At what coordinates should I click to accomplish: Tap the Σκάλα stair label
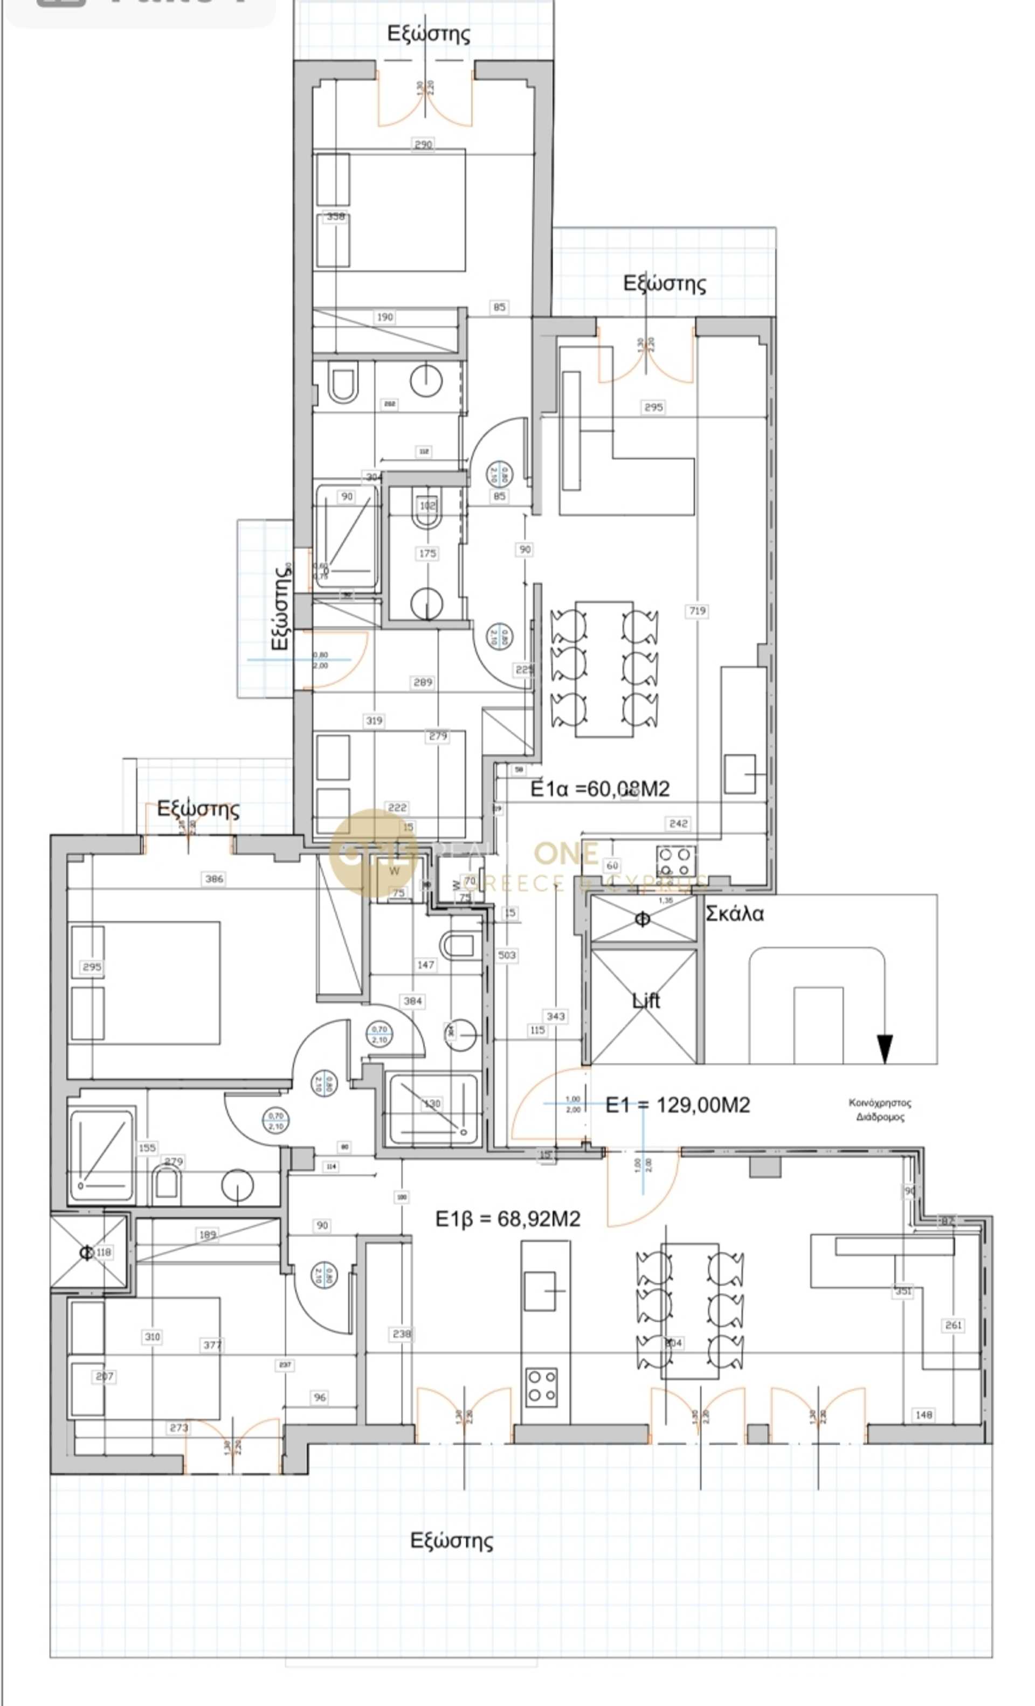(734, 914)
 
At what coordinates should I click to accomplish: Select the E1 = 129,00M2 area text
(678, 1104)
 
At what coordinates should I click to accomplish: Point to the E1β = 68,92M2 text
(507, 1218)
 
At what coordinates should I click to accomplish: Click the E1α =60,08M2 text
(600, 789)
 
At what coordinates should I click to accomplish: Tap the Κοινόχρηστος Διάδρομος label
(880, 1109)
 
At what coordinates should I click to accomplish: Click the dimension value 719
(697, 610)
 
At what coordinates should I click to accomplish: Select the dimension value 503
(506, 955)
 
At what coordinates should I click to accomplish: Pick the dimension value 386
(214, 879)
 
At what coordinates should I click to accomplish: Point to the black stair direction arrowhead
(885, 1048)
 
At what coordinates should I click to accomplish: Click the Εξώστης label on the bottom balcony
(452, 1541)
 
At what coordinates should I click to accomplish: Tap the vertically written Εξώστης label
(280, 607)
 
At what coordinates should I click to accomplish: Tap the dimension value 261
(953, 1324)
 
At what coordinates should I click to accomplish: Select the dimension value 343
(556, 1016)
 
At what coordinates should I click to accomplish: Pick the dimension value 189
(207, 1234)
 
